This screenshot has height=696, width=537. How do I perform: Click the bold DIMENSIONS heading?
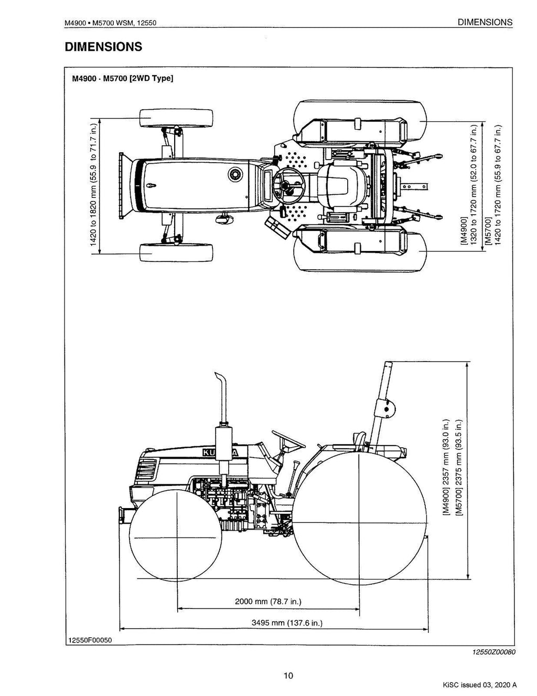coord(103,47)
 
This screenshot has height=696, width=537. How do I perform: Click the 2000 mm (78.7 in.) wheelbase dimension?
coord(268,601)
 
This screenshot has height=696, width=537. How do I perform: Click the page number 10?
coord(287,676)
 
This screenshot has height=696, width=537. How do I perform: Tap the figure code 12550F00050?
coord(89,640)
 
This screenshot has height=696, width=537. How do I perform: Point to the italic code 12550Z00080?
coord(494,652)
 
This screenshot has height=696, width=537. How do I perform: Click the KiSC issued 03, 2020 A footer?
coord(478,684)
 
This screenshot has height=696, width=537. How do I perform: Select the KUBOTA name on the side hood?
coord(219,452)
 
